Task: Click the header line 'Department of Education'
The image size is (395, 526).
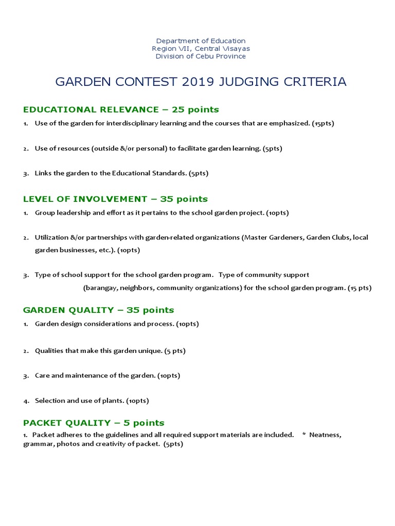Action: pyautogui.click(x=201, y=41)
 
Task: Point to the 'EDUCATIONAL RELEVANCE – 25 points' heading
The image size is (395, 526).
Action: pyautogui.click(x=121, y=109)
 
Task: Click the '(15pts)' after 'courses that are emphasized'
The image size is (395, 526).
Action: pyautogui.click(x=323, y=124)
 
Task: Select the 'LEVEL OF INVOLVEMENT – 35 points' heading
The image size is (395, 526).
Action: pyautogui.click(x=115, y=199)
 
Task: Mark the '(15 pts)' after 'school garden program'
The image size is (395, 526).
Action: pyautogui.click(x=360, y=288)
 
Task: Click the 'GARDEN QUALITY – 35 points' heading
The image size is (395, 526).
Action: pyautogui.click(x=98, y=310)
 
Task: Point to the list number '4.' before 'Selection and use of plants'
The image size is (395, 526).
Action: pyautogui.click(x=26, y=401)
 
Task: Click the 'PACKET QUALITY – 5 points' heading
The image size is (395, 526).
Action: pyautogui.click(x=94, y=423)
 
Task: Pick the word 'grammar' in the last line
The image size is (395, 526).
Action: pyautogui.click(x=36, y=444)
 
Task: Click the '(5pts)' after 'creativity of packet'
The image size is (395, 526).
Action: pyautogui.click(x=173, y=444)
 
